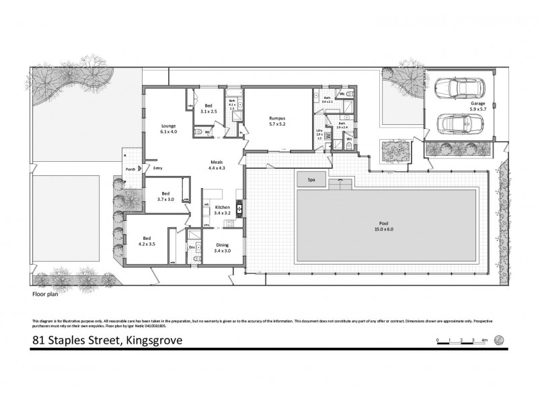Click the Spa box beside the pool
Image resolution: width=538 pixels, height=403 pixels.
(x=311, y=180)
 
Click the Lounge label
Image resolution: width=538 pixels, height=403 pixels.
(x=168, y=128)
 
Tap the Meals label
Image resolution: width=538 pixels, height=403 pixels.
(x=217, y=163)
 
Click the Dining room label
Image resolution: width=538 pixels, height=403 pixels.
(x=222, y=248)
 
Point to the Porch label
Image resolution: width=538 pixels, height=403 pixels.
(x=130, y=169)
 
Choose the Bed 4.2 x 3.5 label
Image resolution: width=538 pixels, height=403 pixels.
(x=147, y=240)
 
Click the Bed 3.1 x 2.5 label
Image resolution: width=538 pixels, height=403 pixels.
(x=209, y=109)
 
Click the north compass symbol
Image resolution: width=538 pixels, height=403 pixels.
(x=498, y=339)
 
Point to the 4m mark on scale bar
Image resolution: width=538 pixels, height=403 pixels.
(x=484, y=341)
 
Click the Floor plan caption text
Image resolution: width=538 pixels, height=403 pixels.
(x=44, y=294)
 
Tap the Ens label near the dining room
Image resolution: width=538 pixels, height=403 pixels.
(x=192, y=247)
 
